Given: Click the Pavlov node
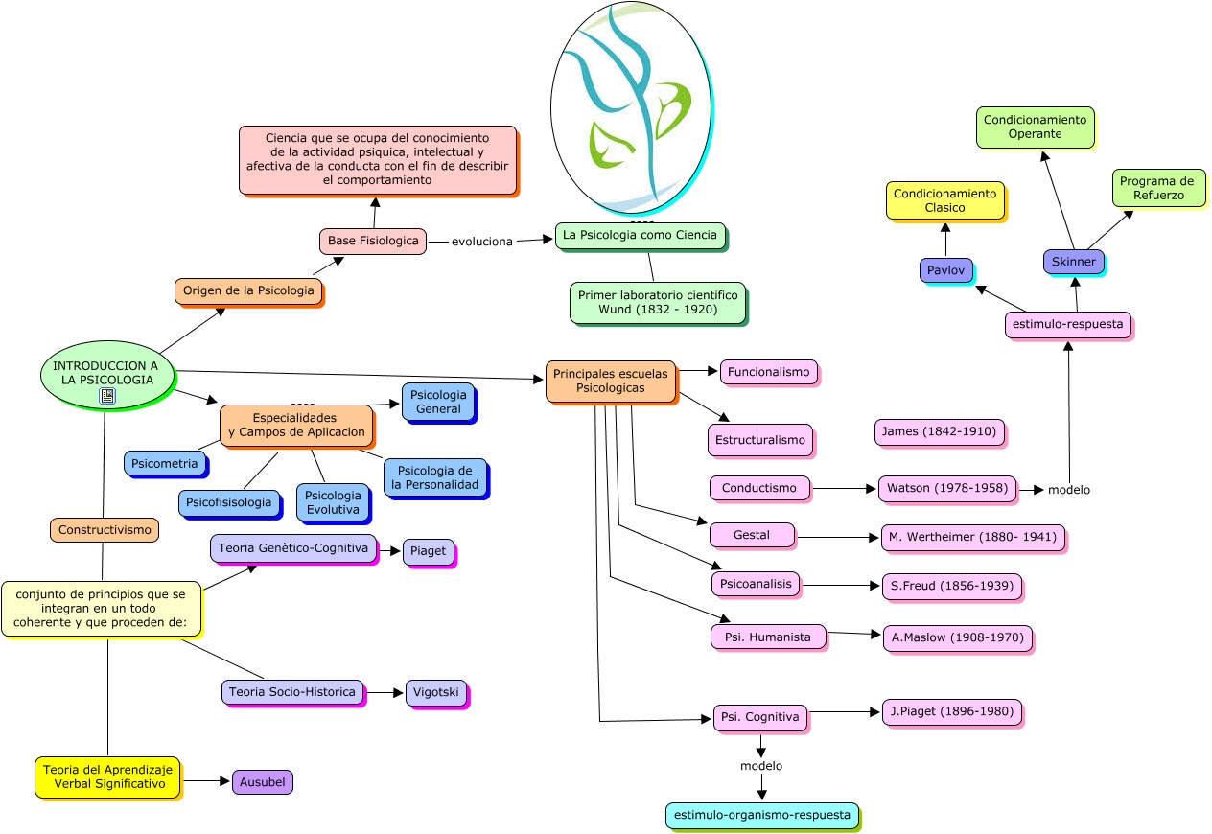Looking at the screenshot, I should [945, 270].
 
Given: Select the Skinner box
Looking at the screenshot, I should [1073, 262].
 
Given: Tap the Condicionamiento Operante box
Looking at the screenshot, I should [1035, 127].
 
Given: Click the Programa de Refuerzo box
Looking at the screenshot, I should [1157, 188].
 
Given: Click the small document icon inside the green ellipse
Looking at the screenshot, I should [107, 395].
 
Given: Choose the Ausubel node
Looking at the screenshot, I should [262, 782].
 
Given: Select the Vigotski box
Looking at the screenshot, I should [436, 692].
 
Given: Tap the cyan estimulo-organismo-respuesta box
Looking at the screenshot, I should [761, 816].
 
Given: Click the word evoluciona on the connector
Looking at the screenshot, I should [481, 242].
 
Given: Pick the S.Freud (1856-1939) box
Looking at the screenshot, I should [951, 586].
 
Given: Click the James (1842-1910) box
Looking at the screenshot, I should [939, 432].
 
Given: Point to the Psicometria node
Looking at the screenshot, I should [165, 464].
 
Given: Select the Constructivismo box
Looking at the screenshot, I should [104, 530].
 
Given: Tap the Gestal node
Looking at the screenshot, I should [752, 535].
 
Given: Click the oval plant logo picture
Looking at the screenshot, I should [630, 107].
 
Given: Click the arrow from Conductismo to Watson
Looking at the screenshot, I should [844, 489].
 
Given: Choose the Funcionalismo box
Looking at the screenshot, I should [768, 372].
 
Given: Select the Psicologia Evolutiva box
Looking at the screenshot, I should [332, 502].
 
